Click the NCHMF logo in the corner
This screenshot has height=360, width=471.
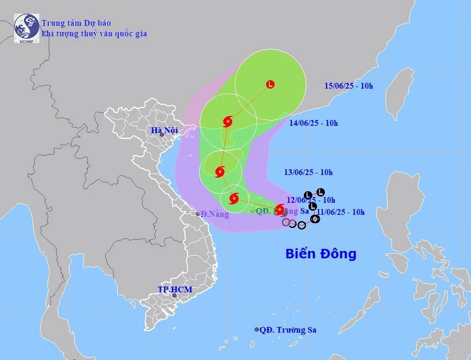pos(26,28)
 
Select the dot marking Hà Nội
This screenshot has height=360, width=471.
pos(162,135)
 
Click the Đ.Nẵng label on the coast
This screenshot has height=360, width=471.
pos(214,215)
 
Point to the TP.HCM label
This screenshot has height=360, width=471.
pos(174,289)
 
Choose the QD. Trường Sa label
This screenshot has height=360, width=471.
pos(288,330)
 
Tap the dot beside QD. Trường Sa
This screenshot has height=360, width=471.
pos(256,330)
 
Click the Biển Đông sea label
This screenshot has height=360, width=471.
pos(321,254)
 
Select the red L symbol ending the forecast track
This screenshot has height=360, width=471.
pos(270,84)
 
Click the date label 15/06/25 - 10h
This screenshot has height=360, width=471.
pos(348,86)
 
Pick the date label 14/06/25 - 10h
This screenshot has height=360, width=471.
pos(314,123)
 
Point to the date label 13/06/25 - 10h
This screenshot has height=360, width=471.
pos(308,172)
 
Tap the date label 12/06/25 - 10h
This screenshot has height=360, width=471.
pos(311,200)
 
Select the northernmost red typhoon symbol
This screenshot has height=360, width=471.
pos(227,121)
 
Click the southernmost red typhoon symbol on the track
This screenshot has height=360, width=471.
pos(280,210)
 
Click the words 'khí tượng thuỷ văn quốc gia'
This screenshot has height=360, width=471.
pos(94,34)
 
